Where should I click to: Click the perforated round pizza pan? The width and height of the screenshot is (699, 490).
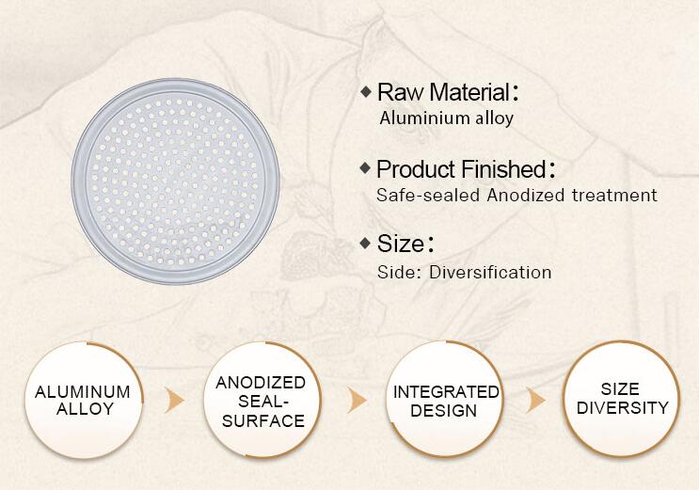click(175, 181)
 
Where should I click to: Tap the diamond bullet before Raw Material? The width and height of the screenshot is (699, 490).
click(366, 92)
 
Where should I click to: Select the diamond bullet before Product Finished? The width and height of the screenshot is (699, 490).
click(365, 168)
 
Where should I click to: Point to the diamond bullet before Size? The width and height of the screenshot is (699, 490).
click(365, 244)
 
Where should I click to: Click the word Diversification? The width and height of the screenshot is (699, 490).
click(490, 273)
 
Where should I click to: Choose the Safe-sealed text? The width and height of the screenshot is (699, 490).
click(428, 196)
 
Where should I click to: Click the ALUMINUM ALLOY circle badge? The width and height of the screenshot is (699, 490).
click(84, 400)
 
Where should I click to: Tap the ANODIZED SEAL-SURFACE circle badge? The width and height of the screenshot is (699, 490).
click(262, 400)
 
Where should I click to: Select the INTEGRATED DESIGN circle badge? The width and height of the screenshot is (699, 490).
click(445, 400)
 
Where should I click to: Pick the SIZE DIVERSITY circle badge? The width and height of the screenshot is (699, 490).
click(622, 399)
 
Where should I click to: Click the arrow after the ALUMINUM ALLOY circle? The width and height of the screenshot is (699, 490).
click(174, 400)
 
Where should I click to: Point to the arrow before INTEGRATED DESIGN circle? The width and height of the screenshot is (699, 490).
click(357, 400)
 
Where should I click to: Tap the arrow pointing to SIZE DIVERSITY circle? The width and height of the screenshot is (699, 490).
click(535, 400)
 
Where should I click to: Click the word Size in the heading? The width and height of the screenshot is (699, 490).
click(401, 244)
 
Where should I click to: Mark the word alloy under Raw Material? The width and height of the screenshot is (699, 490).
click(495, 119)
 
